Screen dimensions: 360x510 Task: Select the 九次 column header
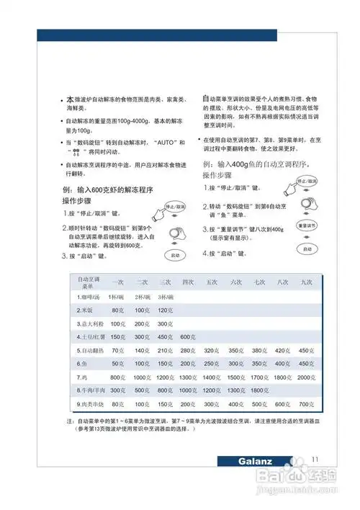coord(307,282)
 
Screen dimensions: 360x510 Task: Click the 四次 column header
coord(188,282)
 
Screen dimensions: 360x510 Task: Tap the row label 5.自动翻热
coord(91,350)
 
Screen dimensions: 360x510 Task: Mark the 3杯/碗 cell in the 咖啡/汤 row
coord(164,296)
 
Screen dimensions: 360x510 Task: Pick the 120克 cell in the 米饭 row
coord(165,310)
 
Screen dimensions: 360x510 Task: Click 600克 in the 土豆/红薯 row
coord(188,336)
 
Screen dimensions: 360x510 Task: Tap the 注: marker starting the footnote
coord(71,421)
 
